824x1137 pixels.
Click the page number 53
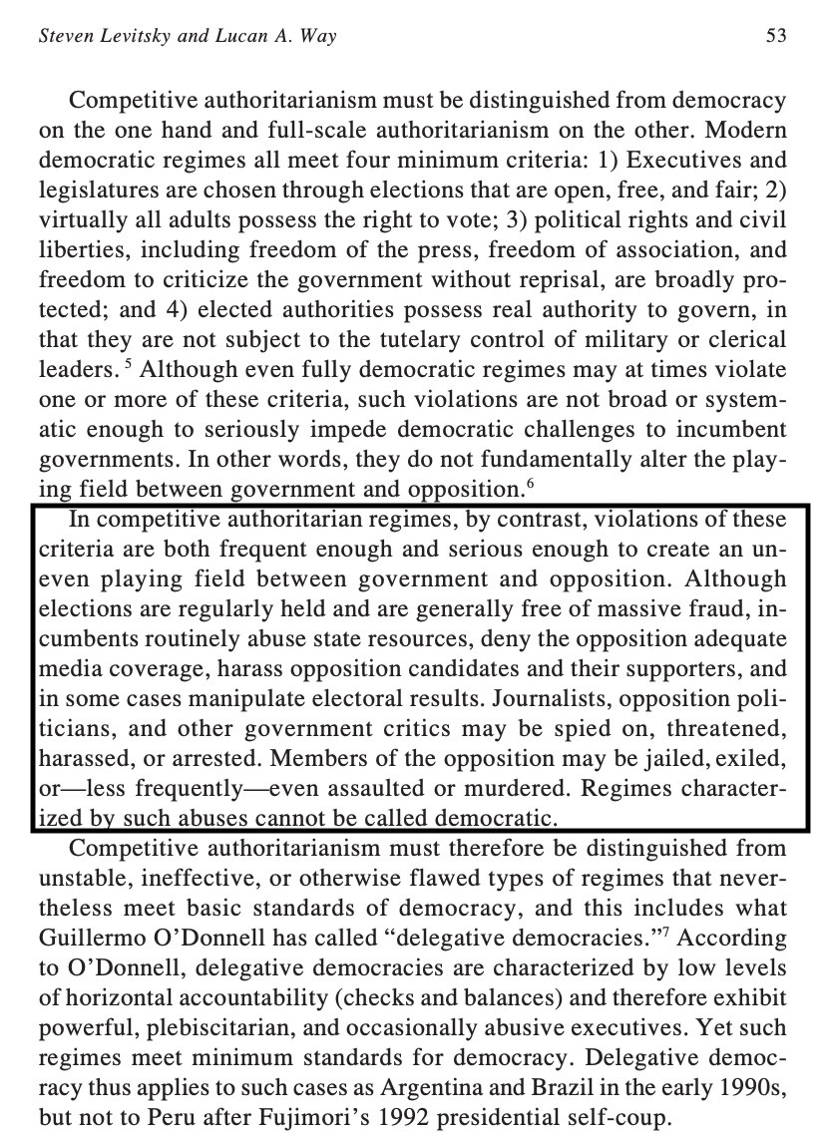776,37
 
